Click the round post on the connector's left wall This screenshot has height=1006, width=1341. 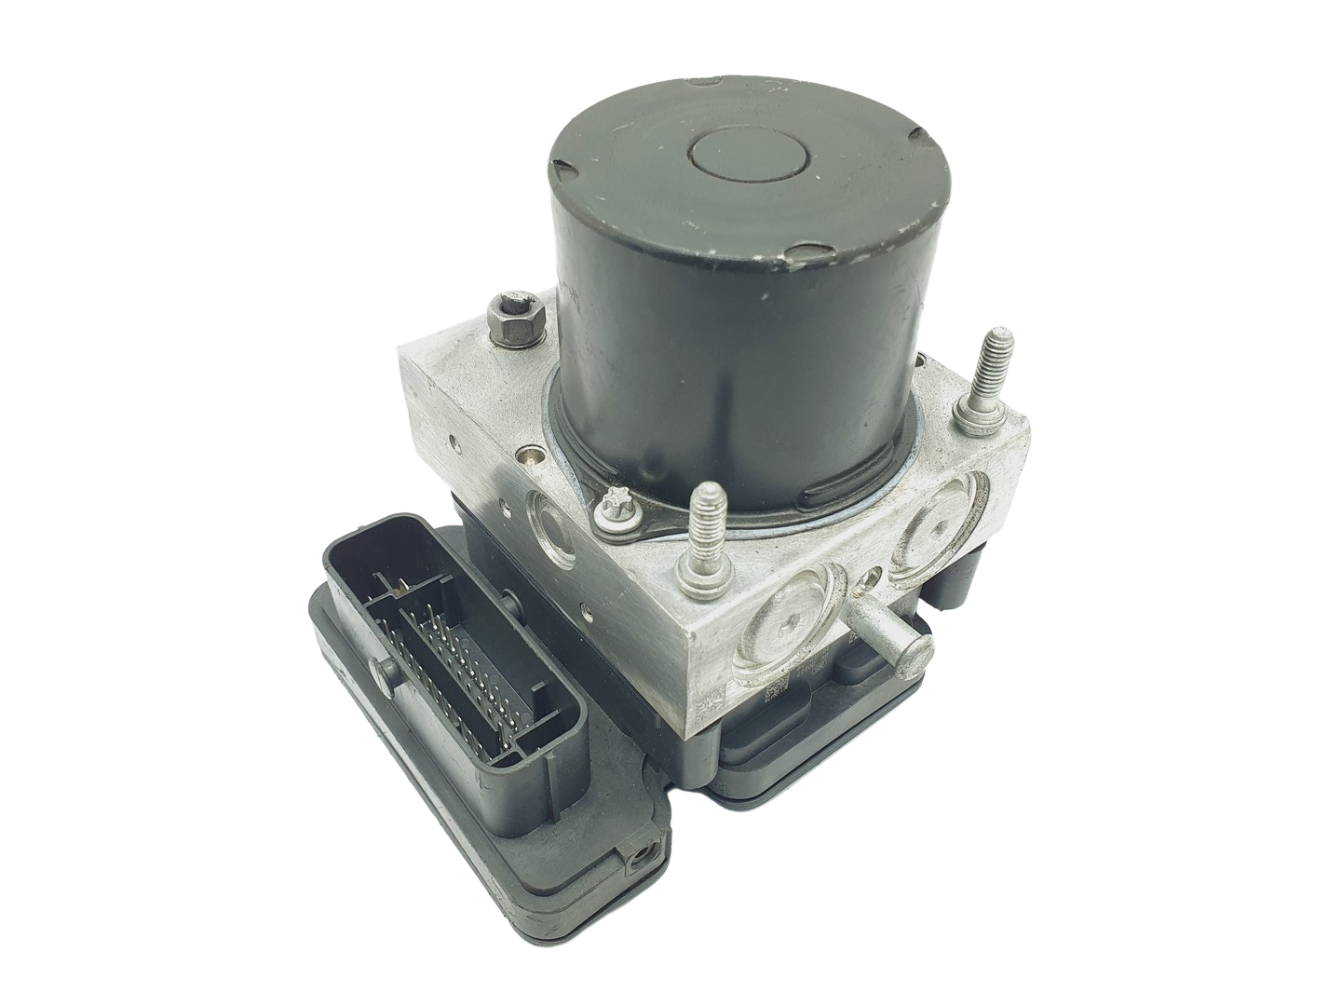(385, 666)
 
